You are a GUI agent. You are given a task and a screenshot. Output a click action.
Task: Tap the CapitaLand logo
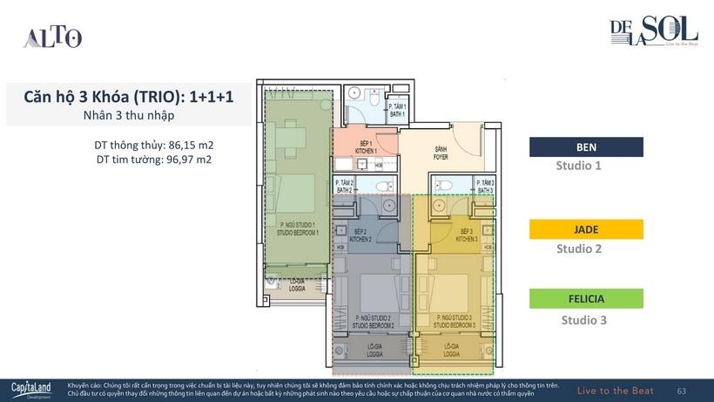coord(31,389)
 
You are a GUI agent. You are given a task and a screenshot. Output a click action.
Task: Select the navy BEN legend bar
coord(586,146)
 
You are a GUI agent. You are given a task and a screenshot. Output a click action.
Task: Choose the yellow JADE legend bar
coord(586,229)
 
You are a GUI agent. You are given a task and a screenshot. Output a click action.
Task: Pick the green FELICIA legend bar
coord(586,299)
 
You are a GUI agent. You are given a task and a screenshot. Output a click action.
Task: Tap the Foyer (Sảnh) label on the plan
coord(441,154)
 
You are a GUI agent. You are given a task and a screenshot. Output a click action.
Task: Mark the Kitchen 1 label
coord(366,146)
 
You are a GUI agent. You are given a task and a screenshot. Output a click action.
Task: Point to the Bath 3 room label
coord(485,186)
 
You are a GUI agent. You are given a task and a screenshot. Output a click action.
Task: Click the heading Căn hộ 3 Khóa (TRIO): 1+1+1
coord(128,97)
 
